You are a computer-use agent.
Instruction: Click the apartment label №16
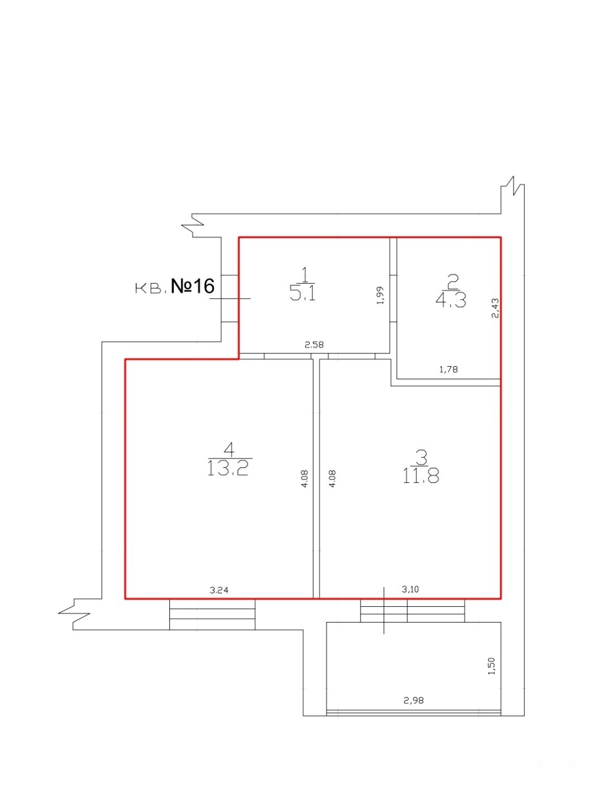pyautogui.click(x=193, y=286)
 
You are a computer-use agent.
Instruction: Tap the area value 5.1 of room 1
pyautogui.click(x=303, y=294)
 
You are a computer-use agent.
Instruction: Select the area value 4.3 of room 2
pyautogui.click(x=450, y=300)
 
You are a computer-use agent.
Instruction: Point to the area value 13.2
pyautogui.click(x=227, y=469)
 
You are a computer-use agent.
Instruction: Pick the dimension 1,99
pyautogui.click(x=380, y=295)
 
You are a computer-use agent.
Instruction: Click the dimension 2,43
pyautogui.click(x=495, y=308)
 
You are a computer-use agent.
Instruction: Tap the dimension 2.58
pyautogui.click(x=314, y=345)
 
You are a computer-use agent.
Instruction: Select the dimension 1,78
pyautogui.click(x=449, y=370)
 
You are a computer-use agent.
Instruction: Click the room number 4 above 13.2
pyautogui.click(x=229, y=449)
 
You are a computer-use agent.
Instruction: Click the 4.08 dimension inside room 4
pyautogui.click(x=305, y=479)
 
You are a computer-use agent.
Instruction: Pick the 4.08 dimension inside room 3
pyautogui.click(x=332, y=479)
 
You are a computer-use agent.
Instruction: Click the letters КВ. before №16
pyautogui.click(x=151, y=289)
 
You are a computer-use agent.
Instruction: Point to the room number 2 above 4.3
pyautogui.click(x=453, y=281)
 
